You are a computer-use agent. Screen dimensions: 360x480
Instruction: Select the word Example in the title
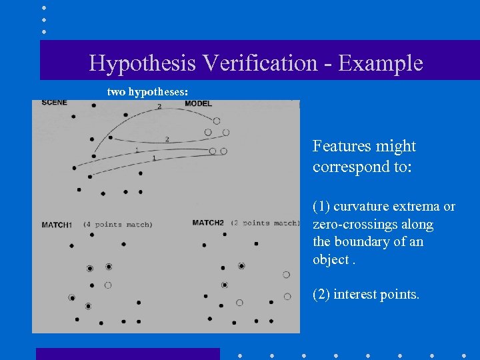[x=381, y=63]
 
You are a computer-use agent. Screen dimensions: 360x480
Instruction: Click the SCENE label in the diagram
[x=54, y=103]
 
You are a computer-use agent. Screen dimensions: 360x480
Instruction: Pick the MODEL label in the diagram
[x=198, y=104]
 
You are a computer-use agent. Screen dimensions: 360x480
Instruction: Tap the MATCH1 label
[x=57, y=225]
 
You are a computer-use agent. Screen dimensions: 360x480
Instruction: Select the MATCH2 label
[x=208, y=223]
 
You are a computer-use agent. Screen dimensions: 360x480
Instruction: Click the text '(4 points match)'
[x=118, y=225]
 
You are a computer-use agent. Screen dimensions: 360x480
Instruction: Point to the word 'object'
[x=330, y=259]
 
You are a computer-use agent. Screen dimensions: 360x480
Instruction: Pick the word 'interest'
[x=359, y=294]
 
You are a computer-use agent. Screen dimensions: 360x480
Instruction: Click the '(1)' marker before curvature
[x=321, y=207]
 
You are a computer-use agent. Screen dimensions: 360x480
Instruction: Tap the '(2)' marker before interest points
[x=321, y=294]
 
